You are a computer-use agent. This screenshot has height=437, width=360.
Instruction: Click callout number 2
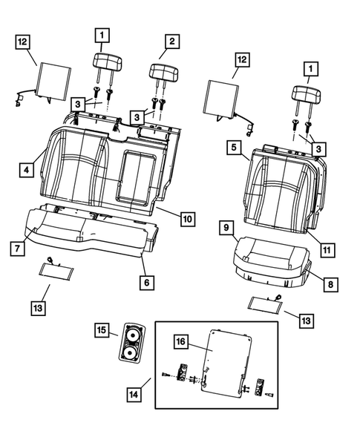pos(171,41)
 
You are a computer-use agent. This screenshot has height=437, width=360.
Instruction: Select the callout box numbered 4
pos(26,170)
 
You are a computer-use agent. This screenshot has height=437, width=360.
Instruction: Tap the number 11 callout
pos(326,250)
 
